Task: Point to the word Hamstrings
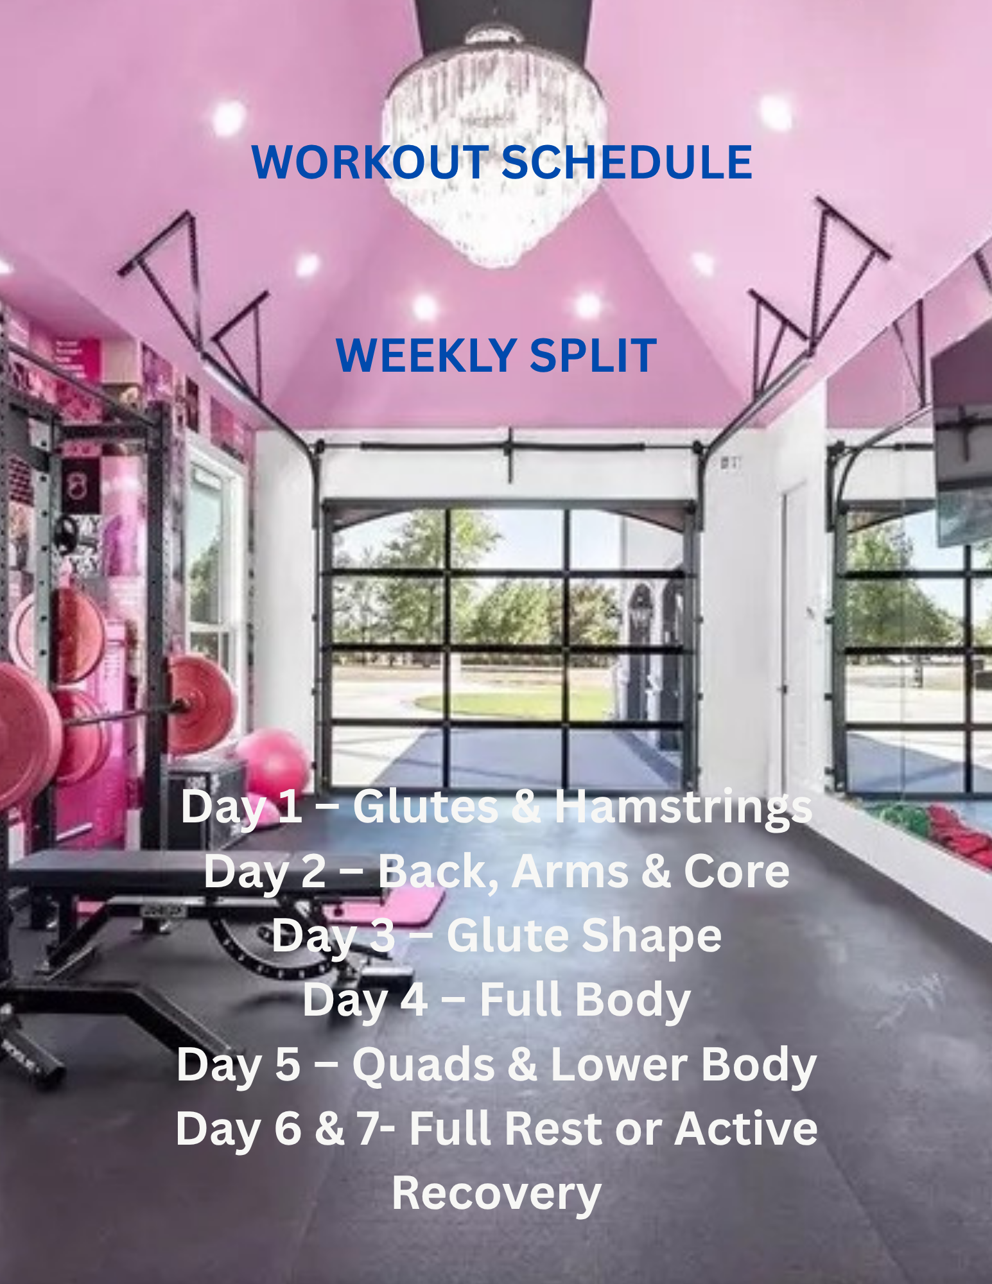point(683,807)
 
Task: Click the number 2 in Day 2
point(314,871)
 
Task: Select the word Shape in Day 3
point(651,935)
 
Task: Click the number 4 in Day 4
point(414,1000)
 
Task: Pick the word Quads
point(423,1064)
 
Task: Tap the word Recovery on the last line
point(496,1193)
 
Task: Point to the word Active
point(745,1129)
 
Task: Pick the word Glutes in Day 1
point(425,807)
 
